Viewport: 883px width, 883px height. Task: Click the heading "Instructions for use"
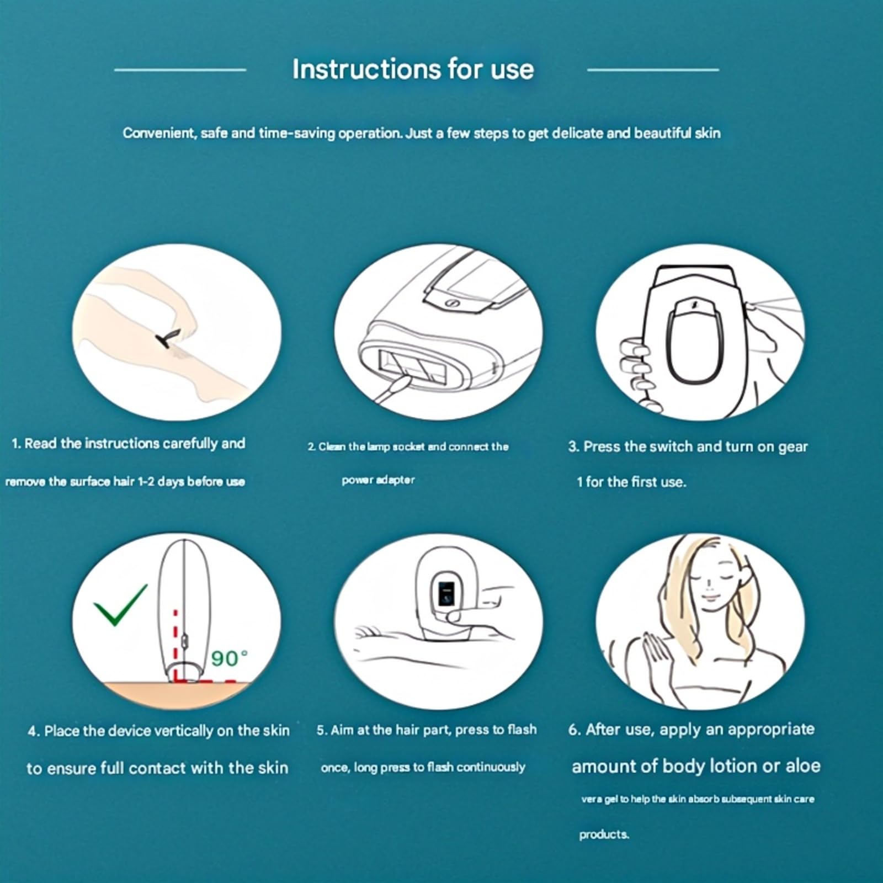coord(413,70)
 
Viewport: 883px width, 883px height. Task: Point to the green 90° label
coord(229,658)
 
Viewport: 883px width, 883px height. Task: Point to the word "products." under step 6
coord(604,835)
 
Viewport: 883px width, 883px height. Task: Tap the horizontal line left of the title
coord(180,70)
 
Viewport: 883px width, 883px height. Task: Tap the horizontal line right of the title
coord(653,70)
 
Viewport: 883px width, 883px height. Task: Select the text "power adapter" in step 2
coord(378,480)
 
